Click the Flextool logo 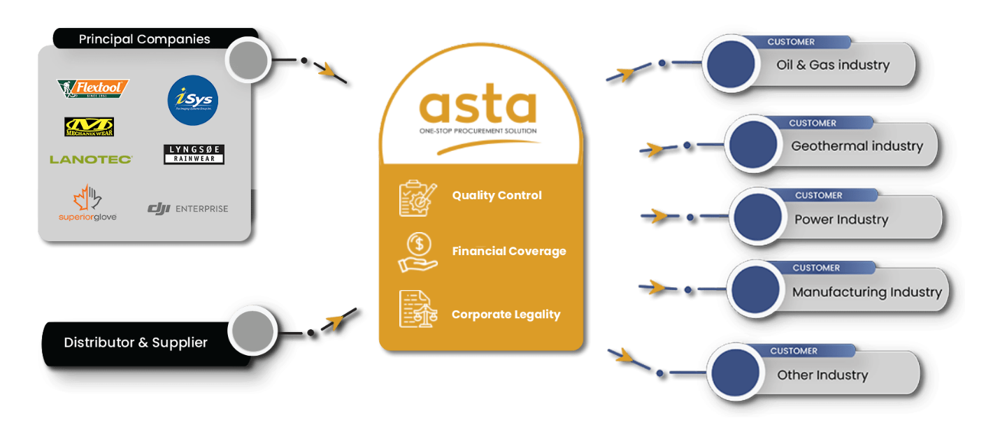tap(93, 89)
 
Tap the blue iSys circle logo tap(193, 100)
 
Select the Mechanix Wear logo tap(90, 127)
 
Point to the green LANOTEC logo tap(91, 159)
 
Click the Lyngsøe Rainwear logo tap(194, 154)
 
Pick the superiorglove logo tap(87, 203)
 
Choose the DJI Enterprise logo tap(187, 208)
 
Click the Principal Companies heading tap(144, 39)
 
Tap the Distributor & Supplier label tap(136, 343)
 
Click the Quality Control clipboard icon tap(417, 198)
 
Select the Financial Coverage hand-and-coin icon tap(417, 252)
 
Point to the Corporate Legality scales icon tap(417, 309)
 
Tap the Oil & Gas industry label tap(833, 65)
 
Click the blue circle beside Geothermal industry tap(752, 145)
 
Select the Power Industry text tap(841, 219)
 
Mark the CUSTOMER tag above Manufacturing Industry tap(816, 268)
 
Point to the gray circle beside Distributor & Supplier tap(253, 330)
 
